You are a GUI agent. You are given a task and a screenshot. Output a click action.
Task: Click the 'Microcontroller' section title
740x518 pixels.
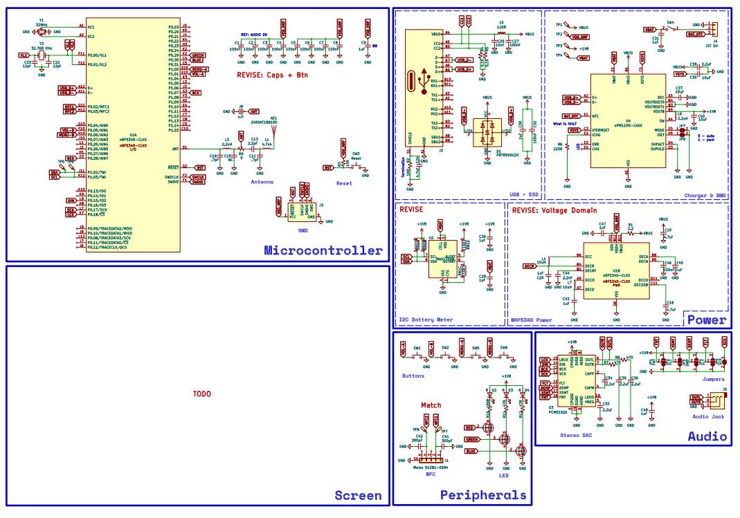323,251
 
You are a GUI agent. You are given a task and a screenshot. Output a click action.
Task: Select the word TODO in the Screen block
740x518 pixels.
201,394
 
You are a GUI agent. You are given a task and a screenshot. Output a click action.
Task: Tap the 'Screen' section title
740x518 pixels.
358,495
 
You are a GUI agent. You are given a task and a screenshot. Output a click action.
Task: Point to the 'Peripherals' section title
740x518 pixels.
482,495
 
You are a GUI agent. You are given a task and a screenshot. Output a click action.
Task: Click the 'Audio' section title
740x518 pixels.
707,436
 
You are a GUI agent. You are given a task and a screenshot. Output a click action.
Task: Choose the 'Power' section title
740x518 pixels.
705,320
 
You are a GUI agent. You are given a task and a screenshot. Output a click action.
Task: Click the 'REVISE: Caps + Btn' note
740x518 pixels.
272,74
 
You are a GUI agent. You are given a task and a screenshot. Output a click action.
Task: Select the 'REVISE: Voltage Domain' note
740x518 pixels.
553,210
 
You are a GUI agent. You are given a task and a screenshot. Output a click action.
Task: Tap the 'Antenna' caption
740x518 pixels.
262,181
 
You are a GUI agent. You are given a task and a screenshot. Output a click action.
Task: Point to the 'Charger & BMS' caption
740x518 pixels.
705,196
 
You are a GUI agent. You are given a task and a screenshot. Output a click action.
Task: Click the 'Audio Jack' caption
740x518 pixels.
708,416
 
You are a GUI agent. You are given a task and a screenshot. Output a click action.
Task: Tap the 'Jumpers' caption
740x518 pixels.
713,379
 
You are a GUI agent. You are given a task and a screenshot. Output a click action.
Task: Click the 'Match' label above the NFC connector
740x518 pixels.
431,405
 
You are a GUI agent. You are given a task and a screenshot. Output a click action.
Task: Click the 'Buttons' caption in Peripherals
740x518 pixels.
413,376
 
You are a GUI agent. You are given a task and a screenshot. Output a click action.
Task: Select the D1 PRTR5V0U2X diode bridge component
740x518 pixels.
489,131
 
